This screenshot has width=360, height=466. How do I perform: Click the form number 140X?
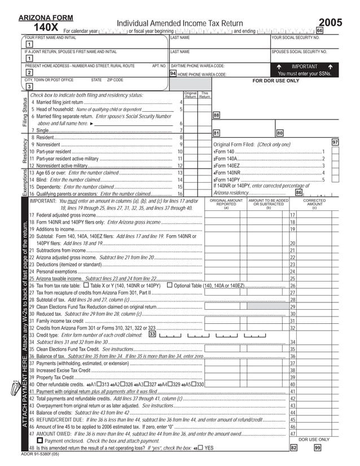point(46,28)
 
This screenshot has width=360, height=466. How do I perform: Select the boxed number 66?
point(319,30)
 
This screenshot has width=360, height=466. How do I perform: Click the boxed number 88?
point(216,115)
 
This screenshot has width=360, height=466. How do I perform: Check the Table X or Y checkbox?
point(86,286)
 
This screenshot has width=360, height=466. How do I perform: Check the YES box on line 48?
point(200,447)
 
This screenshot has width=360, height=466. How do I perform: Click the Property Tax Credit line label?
point(55,377)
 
